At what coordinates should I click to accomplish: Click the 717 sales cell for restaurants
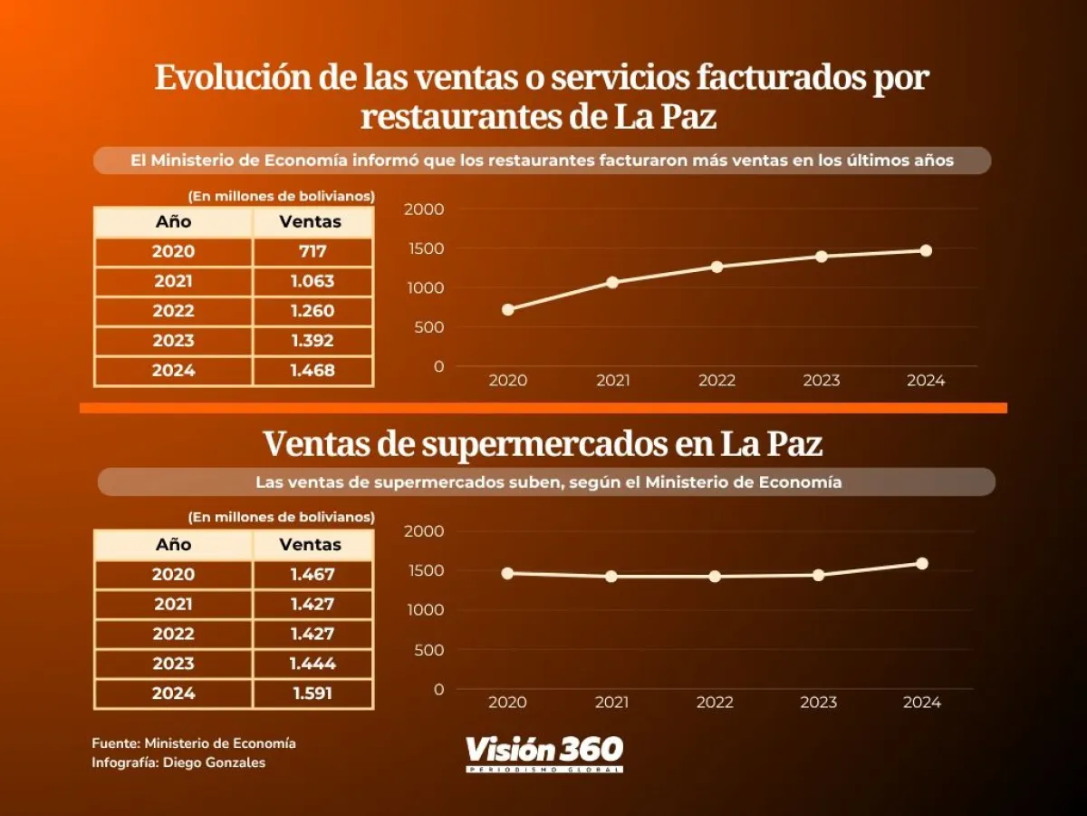313,252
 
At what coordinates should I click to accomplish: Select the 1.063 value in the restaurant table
313,281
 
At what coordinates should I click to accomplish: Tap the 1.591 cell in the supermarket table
313,694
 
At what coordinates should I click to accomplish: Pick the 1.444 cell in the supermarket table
313,664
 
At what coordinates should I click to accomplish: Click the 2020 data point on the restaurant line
508,309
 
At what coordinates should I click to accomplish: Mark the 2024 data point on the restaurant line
926,250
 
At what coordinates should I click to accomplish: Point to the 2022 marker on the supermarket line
716,576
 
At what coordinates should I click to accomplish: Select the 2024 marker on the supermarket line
922,563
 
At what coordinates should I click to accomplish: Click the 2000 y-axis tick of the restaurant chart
426,209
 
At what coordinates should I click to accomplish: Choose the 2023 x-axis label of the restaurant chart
821,381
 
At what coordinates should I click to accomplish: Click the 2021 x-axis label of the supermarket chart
612,703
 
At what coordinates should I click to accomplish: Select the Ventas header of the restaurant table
311,222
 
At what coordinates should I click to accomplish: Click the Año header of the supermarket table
173,545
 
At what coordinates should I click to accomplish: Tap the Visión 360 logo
544,753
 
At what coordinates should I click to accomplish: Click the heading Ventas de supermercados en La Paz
543,444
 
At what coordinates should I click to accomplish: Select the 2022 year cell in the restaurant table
173,311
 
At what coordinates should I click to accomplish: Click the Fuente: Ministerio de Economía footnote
194,743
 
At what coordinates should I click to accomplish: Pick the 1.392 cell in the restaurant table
313,341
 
